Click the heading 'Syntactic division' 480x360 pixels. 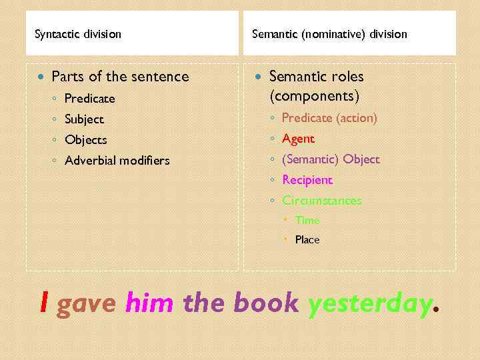pos(78,34)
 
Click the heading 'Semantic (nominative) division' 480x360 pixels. pos(329,34)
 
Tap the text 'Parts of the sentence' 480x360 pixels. pos(120,77)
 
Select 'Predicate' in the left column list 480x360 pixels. pos(89,99)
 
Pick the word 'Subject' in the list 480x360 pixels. pos(84,119)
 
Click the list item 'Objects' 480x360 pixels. pos(85,140)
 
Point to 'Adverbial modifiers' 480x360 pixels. pos(117,161)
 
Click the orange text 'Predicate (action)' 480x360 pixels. pos(329,118)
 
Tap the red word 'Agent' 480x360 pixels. pos(298,139)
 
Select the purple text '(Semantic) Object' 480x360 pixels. pos(331,159)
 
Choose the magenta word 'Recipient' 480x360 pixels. pos(307,180)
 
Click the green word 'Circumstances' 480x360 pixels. pos(322,200)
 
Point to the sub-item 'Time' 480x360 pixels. pos(307,220)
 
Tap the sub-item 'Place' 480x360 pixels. pos(307,239)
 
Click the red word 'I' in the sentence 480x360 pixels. pos(44,303)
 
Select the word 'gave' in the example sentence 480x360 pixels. pos(87,303)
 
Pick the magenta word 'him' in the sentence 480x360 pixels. pos(149,303)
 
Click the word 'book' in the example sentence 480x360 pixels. pos(266,303)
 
